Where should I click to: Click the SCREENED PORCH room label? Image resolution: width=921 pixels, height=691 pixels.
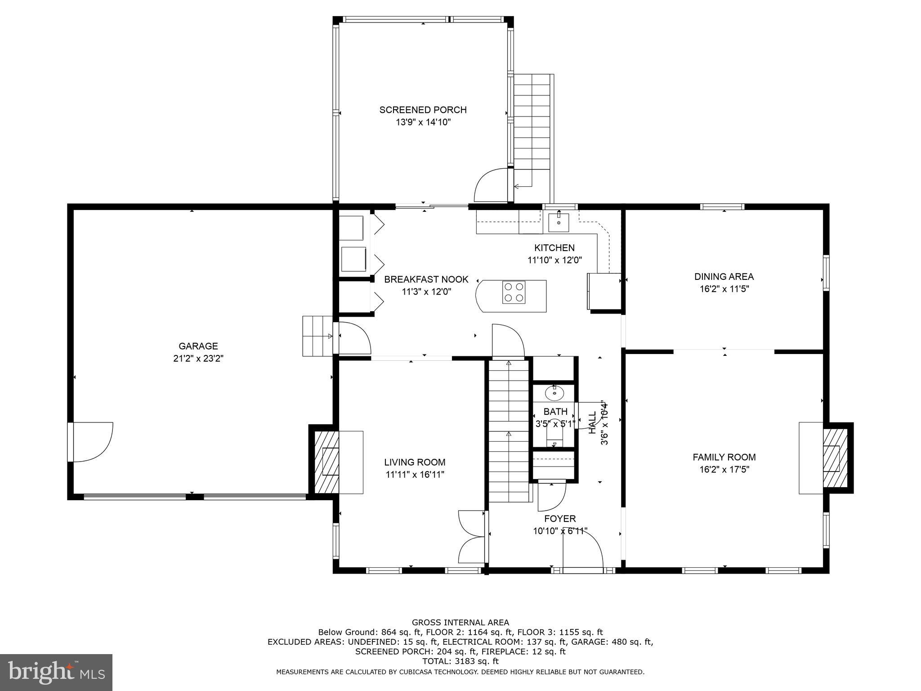(x=423, y=110)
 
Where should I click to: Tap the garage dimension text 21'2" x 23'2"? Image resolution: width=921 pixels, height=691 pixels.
(x=198, y=359)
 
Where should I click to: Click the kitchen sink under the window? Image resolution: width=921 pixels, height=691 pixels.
(x=559, y=222)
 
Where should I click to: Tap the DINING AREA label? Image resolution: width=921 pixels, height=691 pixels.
(x=724, y=277)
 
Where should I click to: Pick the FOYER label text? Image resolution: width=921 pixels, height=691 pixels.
(x=560, y=519)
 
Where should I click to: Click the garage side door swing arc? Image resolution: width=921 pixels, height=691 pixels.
(x=92, y=442)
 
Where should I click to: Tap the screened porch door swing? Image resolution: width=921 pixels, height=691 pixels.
(x=491, y=185)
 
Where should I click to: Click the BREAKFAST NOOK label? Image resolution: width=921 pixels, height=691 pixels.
(x=426, y=279)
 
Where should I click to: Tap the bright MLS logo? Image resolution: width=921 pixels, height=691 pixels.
(x=56, y=672)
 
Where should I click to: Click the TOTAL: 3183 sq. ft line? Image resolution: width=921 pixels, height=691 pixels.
(x=460, y=661)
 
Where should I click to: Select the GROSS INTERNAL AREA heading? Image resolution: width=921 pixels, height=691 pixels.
(x=460, y=623)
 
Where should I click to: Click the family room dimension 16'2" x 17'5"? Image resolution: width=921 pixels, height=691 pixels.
(x=724, y=470)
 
